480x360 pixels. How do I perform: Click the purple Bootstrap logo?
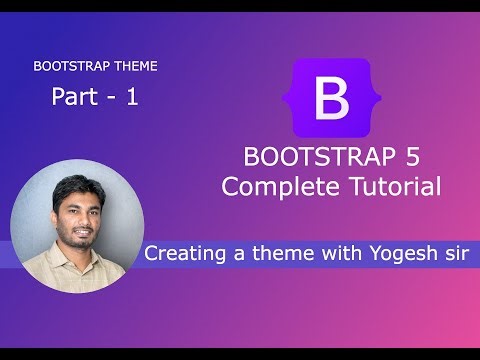pyautogui.click(x=330, y=98)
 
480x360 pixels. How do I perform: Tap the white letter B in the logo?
pyautogui.click(x=330, y=99)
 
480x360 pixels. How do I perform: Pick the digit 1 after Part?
pyautogui.click(x=131, y=97)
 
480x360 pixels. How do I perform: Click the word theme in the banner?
pyautogui.click(x=284, y=254)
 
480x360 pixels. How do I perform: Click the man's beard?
pyautogui.click(x=77, y=240)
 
